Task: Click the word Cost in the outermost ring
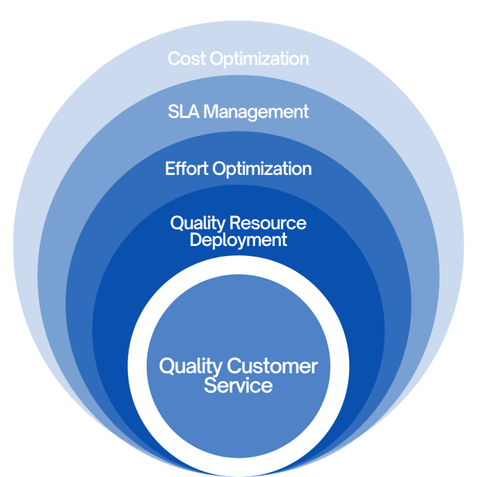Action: click(187, 59)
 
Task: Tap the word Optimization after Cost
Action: click(259, 59)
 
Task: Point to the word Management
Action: click(257, 112)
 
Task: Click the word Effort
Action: click(187, 169)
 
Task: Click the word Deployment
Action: click(238, 240)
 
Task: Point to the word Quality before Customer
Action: click(191, 367)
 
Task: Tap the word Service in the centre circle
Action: click(238, 385)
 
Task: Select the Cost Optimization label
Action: click(238, 59)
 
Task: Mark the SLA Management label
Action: click(238, 112)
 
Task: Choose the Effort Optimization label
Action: click(238, 169)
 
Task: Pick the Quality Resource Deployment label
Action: click(238, 231)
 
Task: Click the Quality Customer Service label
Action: click(238, 376)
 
